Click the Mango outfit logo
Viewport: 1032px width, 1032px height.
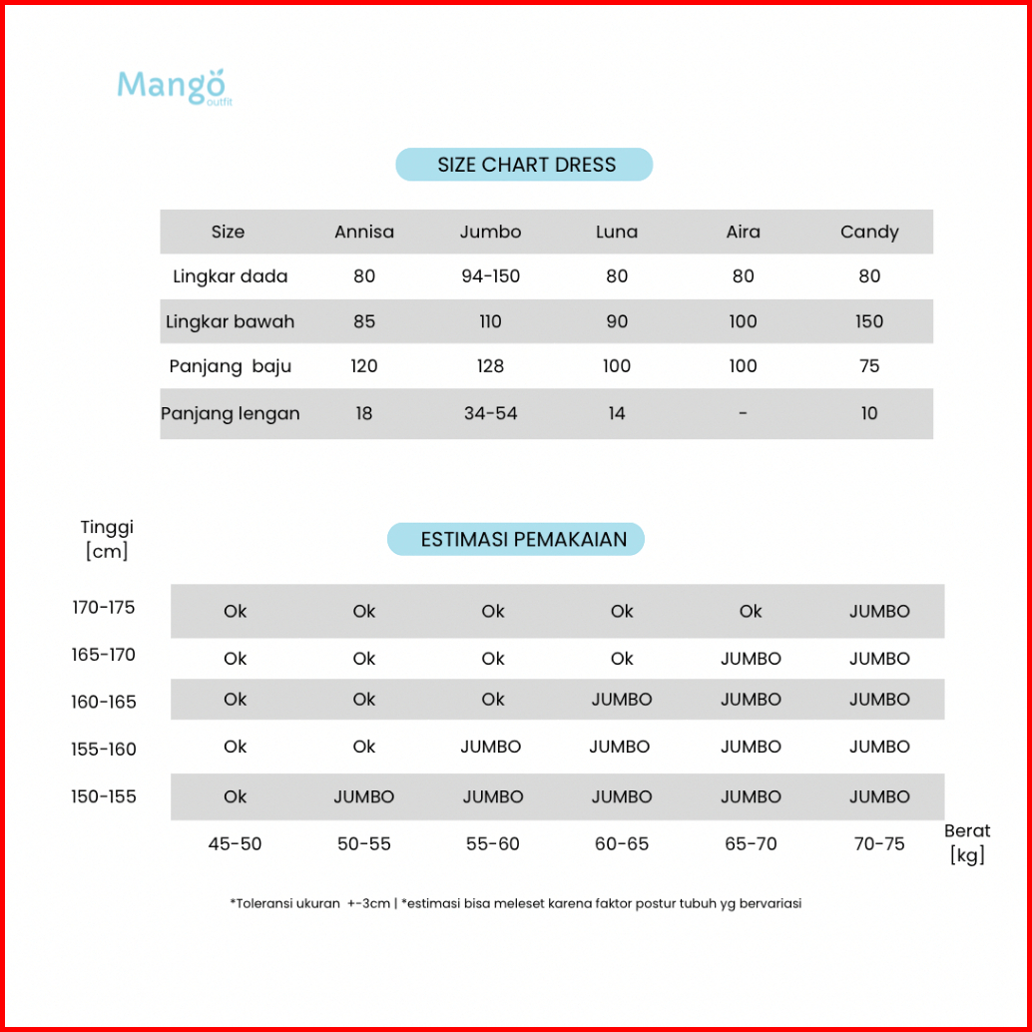click(x=175, y=86)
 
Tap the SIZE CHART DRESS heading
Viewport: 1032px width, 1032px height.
click(x=525, y=165)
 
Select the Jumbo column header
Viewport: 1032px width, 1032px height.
click(x=490, y=232)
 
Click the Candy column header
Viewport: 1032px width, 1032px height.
click(x=869, y=232)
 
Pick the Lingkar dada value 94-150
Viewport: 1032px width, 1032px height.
click(x=490, y=276)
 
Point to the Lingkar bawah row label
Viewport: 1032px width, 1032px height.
click(x=231, y=321)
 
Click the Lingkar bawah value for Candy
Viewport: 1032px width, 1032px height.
click(x=869, y=321)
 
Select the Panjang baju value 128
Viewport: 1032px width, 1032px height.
click(x=490, y=366)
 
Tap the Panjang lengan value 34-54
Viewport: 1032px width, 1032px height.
click(x=490, y=413)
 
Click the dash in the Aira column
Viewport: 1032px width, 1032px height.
click(x=743, y=413)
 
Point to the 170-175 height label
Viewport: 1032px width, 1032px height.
click(x=103, y=607)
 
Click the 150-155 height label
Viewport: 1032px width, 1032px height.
click(x=103, y=796)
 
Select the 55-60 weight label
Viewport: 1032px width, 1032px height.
click(x=493, y=844)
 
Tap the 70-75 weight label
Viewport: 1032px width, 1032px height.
click(x=879, y=844)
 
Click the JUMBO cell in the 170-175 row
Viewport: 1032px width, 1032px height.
click(x=879, y=612)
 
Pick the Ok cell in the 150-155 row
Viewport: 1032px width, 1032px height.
click(x=236, y=796)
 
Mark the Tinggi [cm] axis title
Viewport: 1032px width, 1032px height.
click(x=107, y=539)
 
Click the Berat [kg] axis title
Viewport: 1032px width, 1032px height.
click(x=967, y=843)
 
